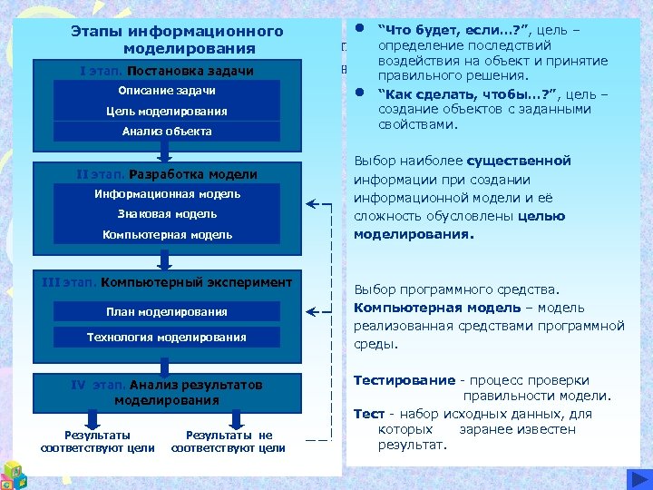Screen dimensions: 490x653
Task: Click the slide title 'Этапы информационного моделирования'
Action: [177, 39]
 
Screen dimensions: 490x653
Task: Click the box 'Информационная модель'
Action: [167, 194]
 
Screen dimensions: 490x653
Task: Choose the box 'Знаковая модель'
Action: [167, 214]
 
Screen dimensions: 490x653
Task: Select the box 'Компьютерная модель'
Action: [167, 234]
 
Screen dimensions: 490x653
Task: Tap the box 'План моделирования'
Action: [167, 312]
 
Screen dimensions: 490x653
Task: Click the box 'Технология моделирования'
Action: [167, 338]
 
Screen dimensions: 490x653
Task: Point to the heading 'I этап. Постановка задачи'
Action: [167, 71]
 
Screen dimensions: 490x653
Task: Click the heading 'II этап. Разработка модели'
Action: [167, 174]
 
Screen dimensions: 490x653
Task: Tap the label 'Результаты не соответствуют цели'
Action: [229, 441]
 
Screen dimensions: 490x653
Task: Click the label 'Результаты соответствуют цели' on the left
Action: [97, 441]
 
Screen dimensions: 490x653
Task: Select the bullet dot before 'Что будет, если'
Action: [360, 27]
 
